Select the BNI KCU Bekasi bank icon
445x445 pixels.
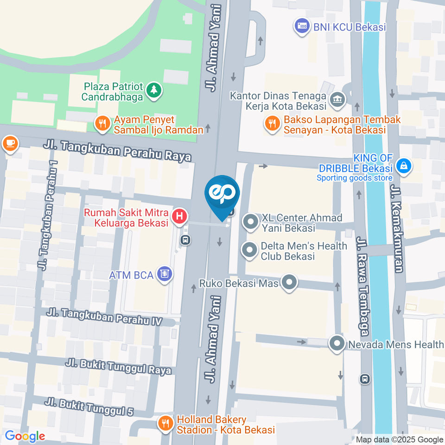(x=302, y=26)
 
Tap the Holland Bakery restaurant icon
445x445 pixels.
(x=165, y=423)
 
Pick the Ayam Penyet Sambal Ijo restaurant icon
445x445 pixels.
(x=101, y=123)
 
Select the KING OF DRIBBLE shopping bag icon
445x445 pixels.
(x=404, y=165)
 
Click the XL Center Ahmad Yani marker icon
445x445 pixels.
(x=251, y=222)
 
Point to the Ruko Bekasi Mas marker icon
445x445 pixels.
(x=290, y=282)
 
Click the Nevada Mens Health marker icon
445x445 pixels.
(x=336, y=344)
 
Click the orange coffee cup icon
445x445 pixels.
(x=10, y=143)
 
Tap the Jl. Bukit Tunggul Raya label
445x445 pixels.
(x=118, y=366)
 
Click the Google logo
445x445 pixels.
(x=25, y=436)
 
